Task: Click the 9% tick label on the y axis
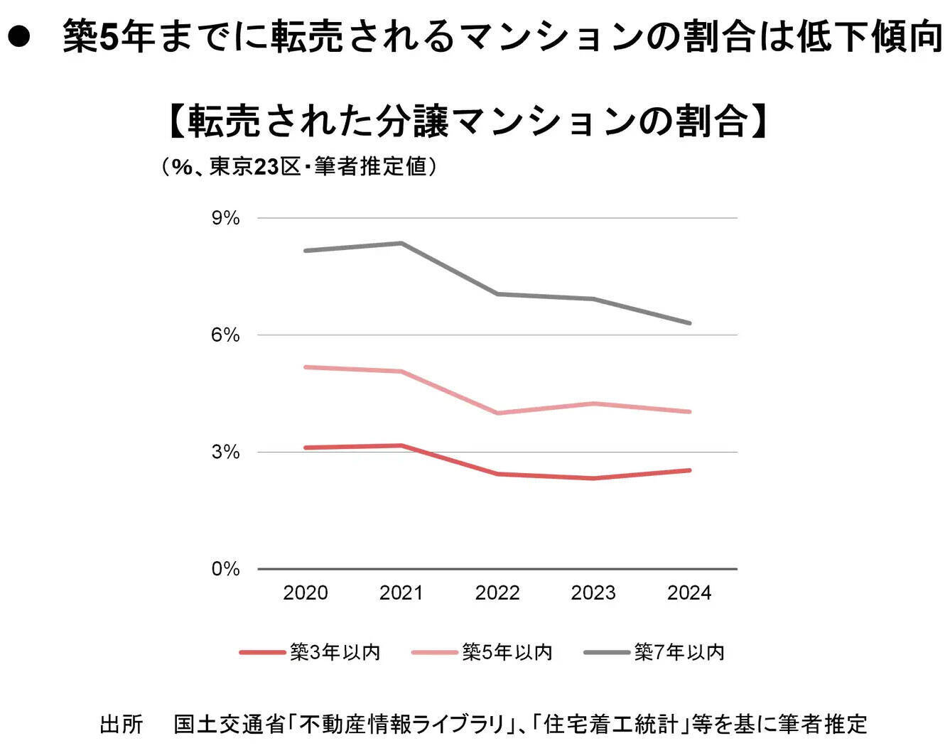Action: (225, 218)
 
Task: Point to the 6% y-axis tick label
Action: (225, 335)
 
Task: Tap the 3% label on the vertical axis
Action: (225, 452)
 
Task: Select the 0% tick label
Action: (225, 569)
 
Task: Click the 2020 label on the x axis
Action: (306, 593)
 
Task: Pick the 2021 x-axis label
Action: (401, 593)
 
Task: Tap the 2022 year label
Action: (497, 593)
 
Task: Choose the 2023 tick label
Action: (593, 593)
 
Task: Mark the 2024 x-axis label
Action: (689, 593)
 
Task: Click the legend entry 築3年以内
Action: (335, 652)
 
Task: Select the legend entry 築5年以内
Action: (507, 652)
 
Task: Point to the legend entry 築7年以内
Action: (679, 652)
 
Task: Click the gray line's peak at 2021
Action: (401, 243)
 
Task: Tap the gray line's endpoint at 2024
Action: (689, 323)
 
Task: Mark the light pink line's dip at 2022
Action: (497, 413)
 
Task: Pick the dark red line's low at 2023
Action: (593, 478)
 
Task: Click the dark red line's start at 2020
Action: (306, 448)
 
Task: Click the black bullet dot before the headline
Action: (18, 37)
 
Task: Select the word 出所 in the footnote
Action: (121, 724)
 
